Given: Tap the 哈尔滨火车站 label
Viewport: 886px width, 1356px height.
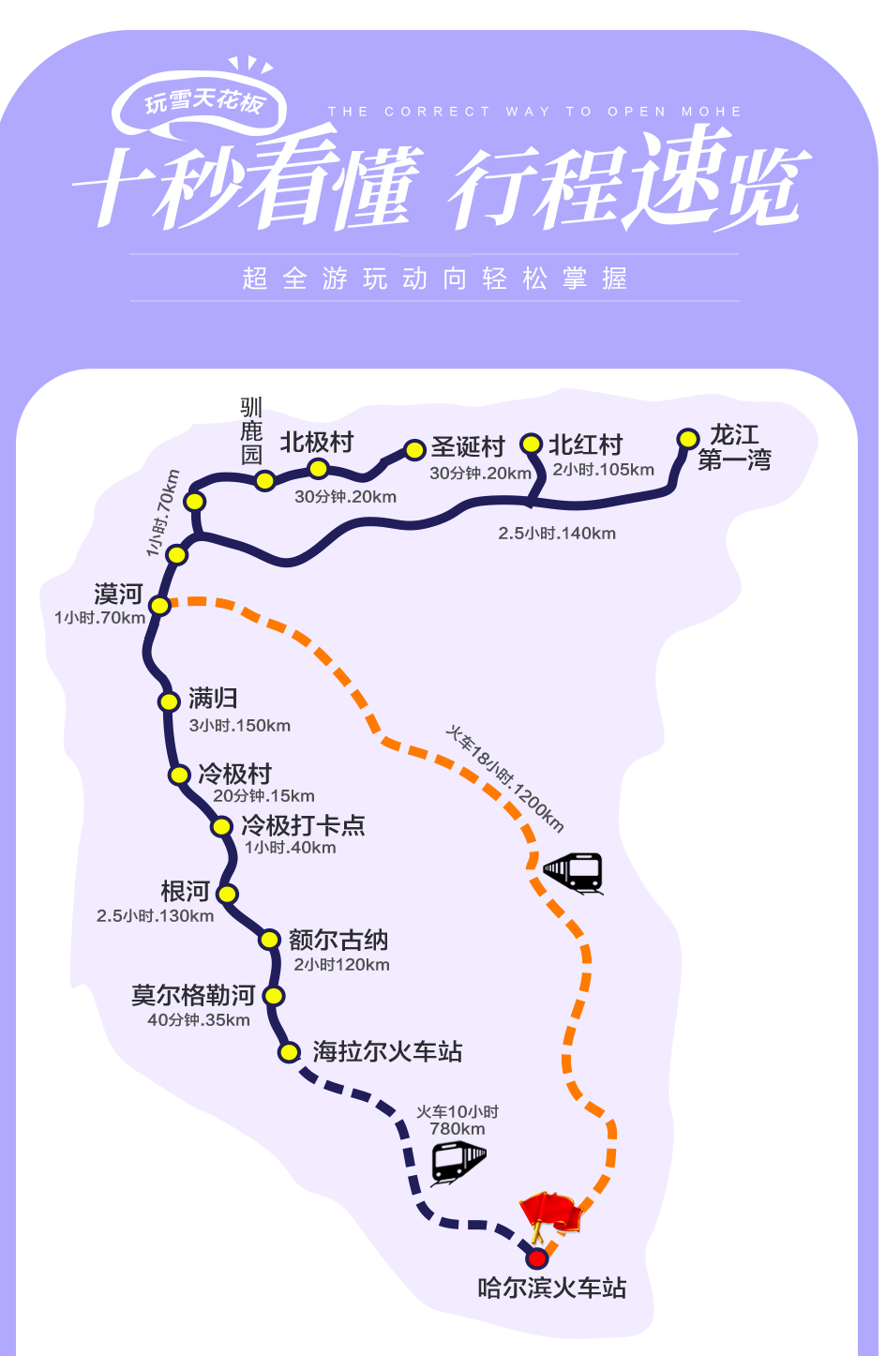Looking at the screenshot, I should tap(551, 1288).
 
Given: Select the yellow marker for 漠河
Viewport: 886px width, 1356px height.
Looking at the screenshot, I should tap(160, 606).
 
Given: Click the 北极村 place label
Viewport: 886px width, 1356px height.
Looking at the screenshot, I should tap(317, 442).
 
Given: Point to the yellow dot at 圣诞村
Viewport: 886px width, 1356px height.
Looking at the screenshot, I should tap(414, 450).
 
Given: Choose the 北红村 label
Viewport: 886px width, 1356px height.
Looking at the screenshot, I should tap(585, 444).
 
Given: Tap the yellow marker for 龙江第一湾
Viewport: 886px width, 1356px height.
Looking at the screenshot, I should tap(688, 439).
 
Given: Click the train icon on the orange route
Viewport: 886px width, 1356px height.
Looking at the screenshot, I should tap(573, 872).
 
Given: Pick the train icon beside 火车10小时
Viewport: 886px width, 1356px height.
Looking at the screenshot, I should tap(458, 1162).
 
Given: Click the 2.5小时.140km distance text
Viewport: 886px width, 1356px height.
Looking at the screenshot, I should tap(557, 534).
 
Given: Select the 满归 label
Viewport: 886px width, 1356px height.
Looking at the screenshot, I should tap(213, 698).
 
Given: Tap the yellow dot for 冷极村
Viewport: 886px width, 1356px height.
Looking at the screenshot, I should tap(179, 775).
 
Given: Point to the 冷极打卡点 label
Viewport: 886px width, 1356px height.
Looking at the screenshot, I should tap(303, 825).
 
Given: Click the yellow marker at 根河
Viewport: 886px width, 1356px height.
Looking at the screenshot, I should tap(227, 894).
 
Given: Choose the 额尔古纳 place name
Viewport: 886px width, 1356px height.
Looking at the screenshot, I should tap(338, 940).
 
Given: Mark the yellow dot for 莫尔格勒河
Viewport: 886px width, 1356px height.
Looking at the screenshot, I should tap(273, 996).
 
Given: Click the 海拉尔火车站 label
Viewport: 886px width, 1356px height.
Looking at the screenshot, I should tap(387, 1051).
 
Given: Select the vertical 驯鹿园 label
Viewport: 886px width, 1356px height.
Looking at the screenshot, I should tap(251, 431).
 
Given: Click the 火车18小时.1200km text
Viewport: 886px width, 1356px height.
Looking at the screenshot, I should tap(504, 778).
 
